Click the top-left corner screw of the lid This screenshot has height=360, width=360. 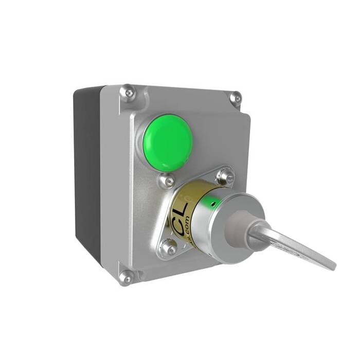coord(128,93)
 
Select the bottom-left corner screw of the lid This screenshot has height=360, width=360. coord(125,278)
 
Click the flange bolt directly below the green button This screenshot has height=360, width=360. coord(166,181)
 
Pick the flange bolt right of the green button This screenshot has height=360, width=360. coord(225,176)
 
